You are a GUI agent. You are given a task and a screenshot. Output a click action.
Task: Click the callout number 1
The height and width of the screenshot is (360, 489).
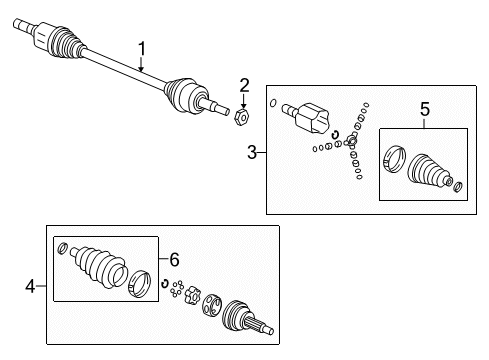142,49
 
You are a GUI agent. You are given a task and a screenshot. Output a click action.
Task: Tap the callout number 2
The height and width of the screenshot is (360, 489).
244,86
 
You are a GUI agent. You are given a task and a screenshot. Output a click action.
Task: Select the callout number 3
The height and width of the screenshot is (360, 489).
252,152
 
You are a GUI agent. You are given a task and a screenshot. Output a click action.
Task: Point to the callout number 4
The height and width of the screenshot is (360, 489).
30,286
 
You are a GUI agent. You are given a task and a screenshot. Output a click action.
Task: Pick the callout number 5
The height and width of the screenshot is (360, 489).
425,109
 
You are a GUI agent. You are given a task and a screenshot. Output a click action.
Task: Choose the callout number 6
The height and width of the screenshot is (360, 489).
174,259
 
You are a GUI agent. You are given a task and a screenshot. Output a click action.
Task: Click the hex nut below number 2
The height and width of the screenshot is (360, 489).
242,117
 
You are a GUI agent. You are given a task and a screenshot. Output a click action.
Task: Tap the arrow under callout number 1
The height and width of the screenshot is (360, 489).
141,64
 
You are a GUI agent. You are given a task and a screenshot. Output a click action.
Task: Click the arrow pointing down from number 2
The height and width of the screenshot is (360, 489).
244,101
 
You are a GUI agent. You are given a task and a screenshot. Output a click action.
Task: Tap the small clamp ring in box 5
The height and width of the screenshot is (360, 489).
458,187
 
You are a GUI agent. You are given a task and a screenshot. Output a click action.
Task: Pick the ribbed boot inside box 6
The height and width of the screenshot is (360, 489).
98,266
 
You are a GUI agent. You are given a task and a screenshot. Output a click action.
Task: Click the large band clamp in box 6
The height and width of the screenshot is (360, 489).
140,284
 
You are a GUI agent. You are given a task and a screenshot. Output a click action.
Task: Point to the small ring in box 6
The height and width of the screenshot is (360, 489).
62,248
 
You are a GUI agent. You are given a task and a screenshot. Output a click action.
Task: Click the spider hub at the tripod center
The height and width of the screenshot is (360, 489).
351,141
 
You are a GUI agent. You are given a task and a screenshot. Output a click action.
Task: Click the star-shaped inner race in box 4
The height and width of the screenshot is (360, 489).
192,295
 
